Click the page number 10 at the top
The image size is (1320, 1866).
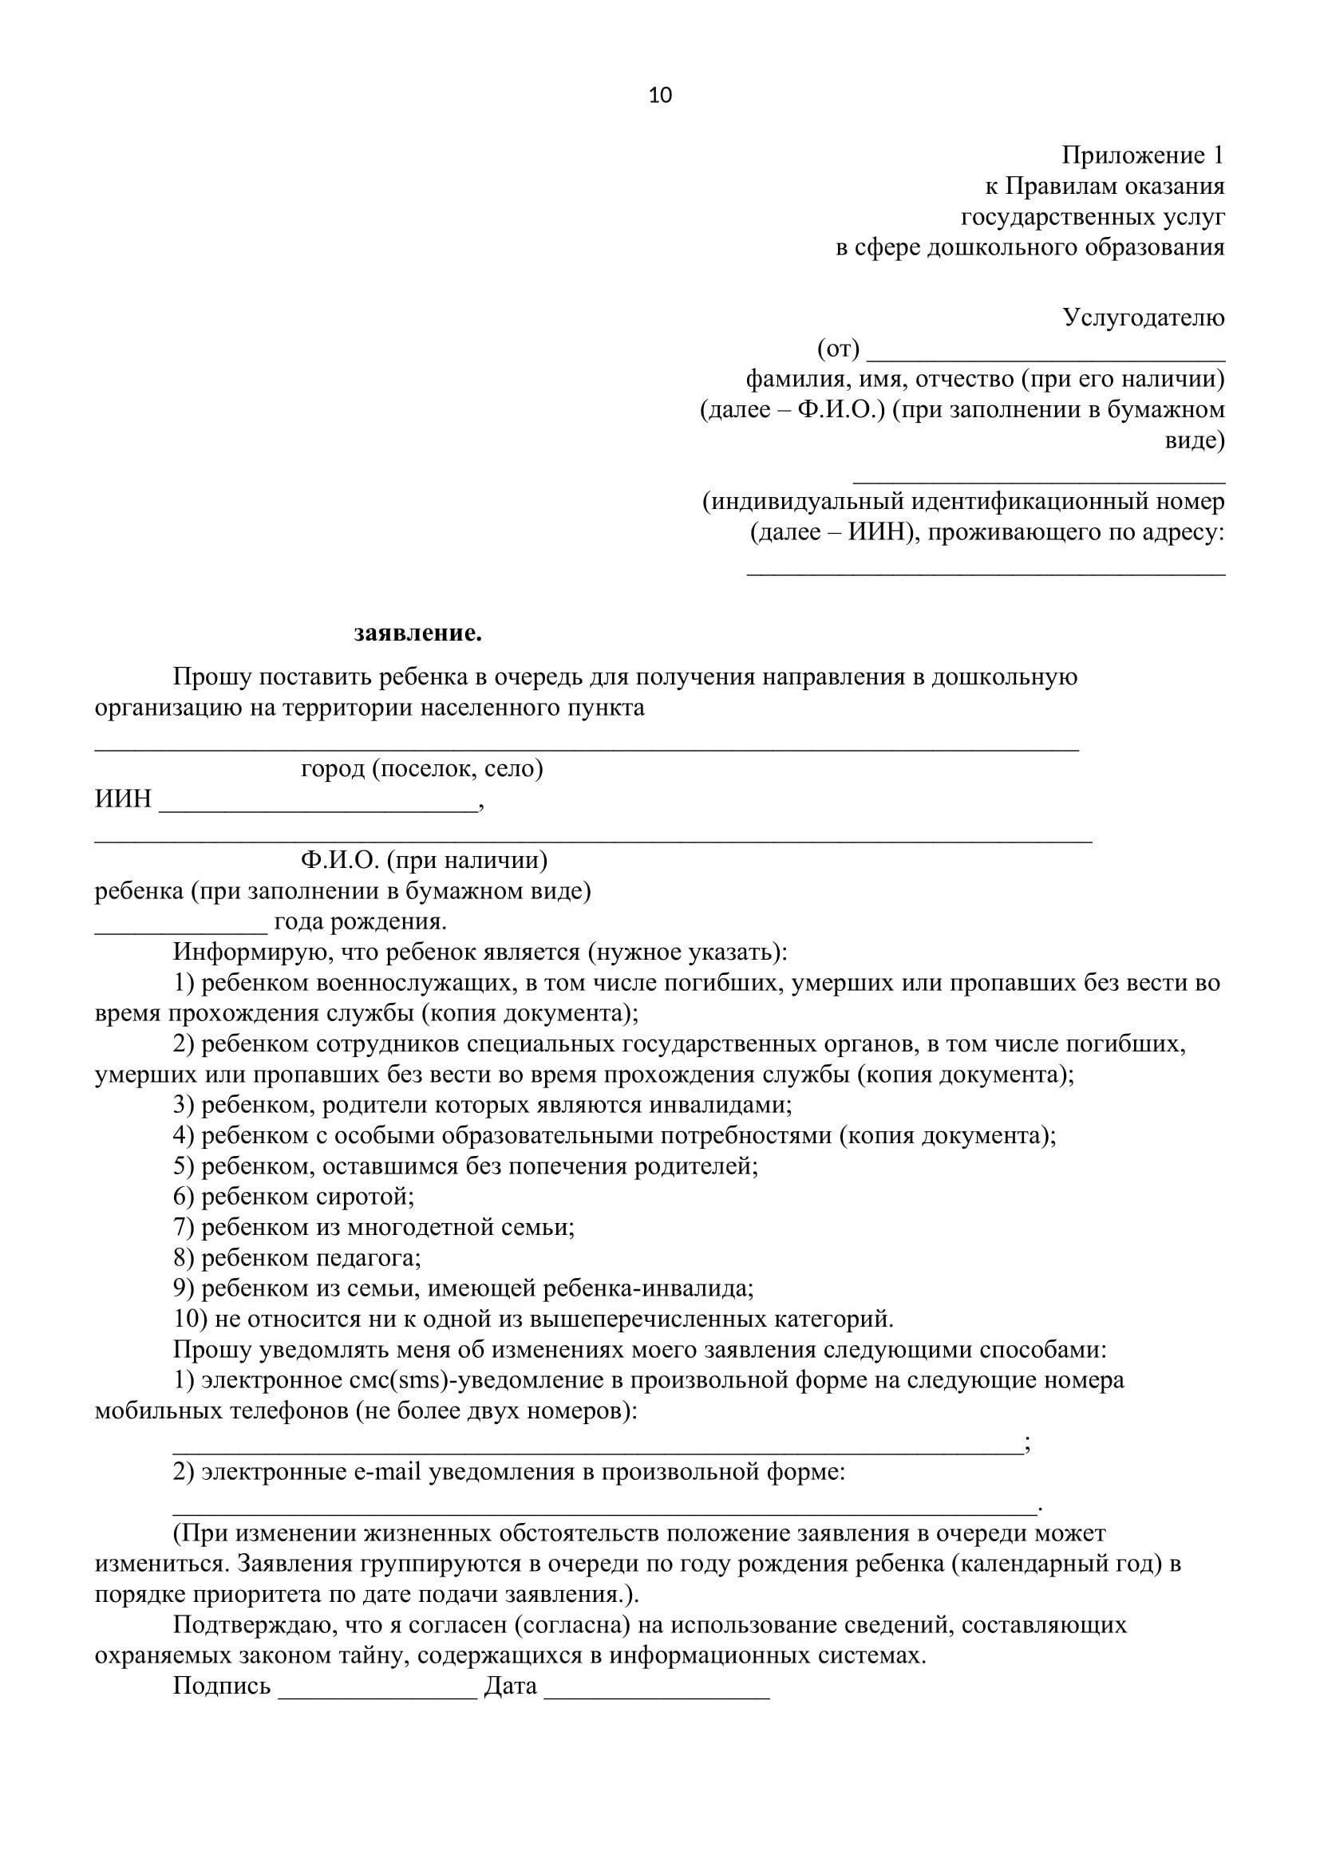(x=660, y=96)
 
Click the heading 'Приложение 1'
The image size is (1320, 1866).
(x=1142, y=155)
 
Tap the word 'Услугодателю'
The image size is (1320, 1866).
(x=1143, y=318)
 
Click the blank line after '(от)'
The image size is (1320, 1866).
(x=1046, y=354)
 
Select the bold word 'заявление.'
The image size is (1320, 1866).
(x=417, y=633)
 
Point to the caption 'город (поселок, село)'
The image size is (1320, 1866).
(x=422, y=768)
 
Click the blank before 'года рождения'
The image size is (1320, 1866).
(x=180, y=929)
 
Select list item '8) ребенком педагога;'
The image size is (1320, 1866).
(x=297, y=1258)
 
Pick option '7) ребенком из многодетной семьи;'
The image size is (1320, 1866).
(x=373, y=1227)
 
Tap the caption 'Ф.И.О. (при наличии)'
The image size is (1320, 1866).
(x=424, y=859)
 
